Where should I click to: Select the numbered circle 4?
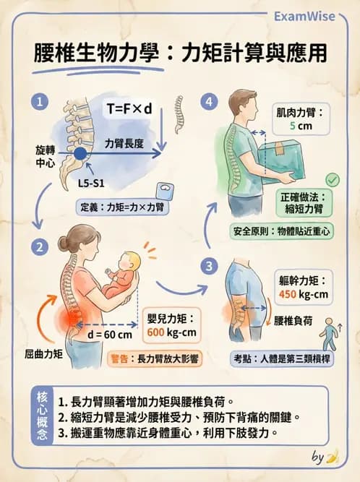[x=210, y=102]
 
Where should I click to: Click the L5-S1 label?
[x=92, y=184]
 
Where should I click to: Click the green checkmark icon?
[x=333, y=179]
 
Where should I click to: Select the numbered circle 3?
[x=210, y=266]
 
